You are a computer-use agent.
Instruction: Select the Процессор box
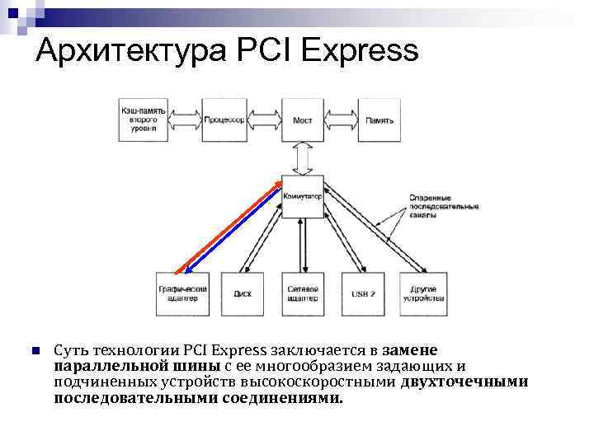pos(224,120)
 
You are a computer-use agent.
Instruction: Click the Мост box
pos(302,120)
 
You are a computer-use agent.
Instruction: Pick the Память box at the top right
pos(379,120)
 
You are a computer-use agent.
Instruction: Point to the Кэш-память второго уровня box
pos(144,120)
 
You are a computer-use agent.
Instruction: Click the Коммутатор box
pos(302,197)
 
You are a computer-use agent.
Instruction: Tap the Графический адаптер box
pos(182,293)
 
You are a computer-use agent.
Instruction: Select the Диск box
pos(243,293)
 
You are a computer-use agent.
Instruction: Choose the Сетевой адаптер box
pos(303,293)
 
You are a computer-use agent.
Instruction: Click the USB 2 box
pos(363,293)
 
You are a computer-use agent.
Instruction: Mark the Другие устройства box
pos(422,293)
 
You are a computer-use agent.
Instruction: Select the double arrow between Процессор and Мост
pos(263,120)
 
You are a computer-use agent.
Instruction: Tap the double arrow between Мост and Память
pos(341,120)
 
